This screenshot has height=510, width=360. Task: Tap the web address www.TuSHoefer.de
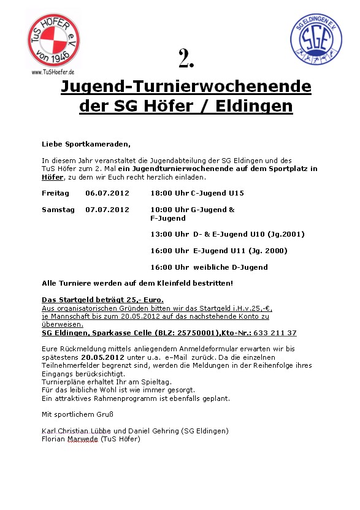[x=53, y=72]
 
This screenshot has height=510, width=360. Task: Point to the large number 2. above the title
[x=186, y=59]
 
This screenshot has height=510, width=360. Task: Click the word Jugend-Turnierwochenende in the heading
[x=186, y=87]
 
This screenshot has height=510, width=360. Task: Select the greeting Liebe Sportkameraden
[x=86, y=144]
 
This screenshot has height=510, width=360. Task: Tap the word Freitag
[x=55, y=193]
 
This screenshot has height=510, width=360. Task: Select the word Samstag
[x=58, y=210]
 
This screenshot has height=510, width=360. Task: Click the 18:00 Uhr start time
[x=169, y=193]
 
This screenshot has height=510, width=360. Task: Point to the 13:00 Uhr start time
[x=169, y=234]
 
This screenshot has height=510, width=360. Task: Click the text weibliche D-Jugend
[x=231, y=267]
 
